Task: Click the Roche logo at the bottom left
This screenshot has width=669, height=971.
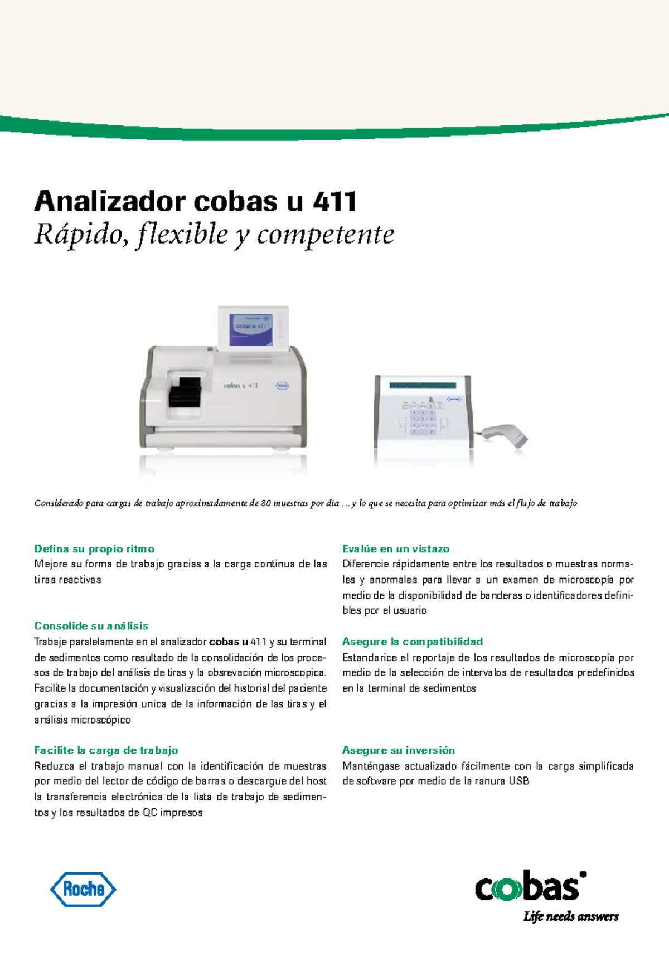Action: pyautogui.click(x=83, y=889)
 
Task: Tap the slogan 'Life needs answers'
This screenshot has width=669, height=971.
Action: pyautogui.click(x=570, y=917)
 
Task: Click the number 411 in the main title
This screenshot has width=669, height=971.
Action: pyautogui.click(x=334, y=201)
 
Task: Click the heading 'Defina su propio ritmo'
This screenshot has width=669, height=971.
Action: pyautogui.click(x=94, y=549)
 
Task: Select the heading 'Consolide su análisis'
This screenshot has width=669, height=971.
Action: pyautogui.click(x=91, y=626)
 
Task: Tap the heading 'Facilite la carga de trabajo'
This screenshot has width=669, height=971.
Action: pyautogui.click(x=106, y=750)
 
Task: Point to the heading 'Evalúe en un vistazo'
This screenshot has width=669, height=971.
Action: pyautogui.click(x=396, y=549)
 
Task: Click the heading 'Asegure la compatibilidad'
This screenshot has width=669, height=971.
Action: pyautogui.click(x=413, y=642)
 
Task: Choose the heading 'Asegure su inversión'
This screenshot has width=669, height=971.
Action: pyautogui.click(x=399, y=750)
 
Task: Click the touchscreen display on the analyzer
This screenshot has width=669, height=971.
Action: pyautogui.click(x=251, y=329)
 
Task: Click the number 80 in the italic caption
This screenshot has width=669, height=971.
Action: pyautogui.click(x=266, y=503)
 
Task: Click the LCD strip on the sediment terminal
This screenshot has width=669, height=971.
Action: pyautogui.click(x=423, y=385)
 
